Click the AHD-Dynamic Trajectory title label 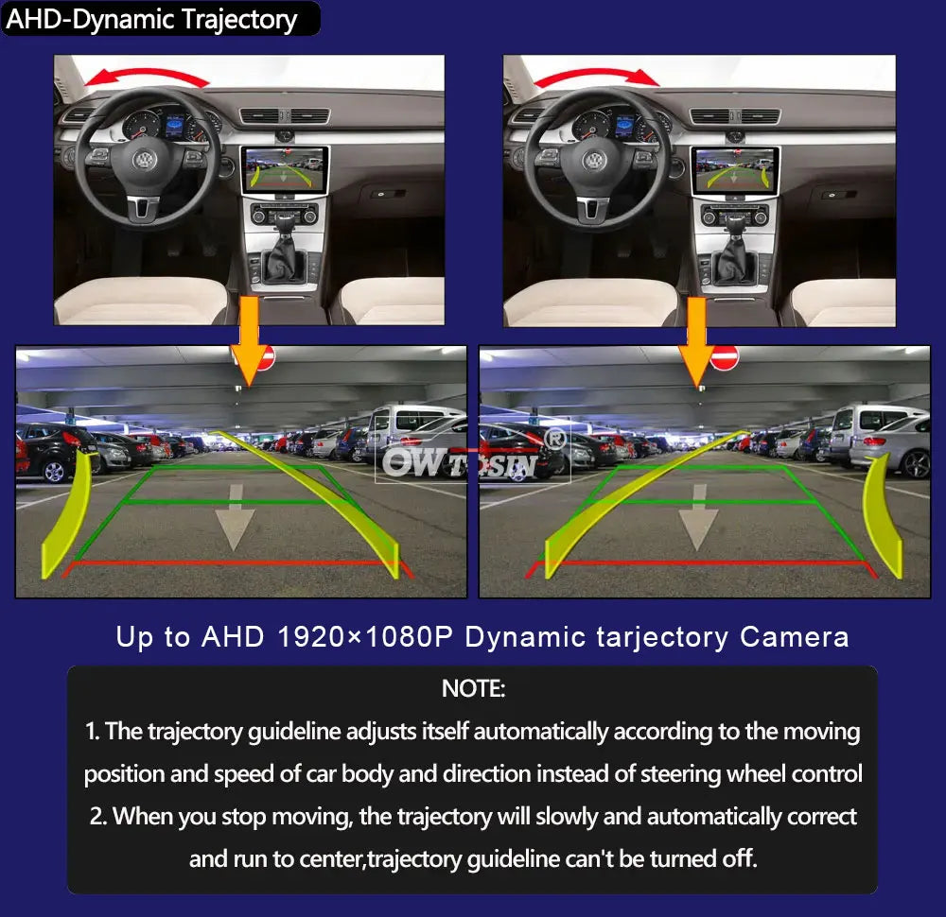(152, 19)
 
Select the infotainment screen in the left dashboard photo (284, 171)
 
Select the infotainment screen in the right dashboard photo (734, 171)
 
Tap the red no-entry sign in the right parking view (724, 357)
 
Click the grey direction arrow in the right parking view (698, 518)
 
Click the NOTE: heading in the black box (473, 688)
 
